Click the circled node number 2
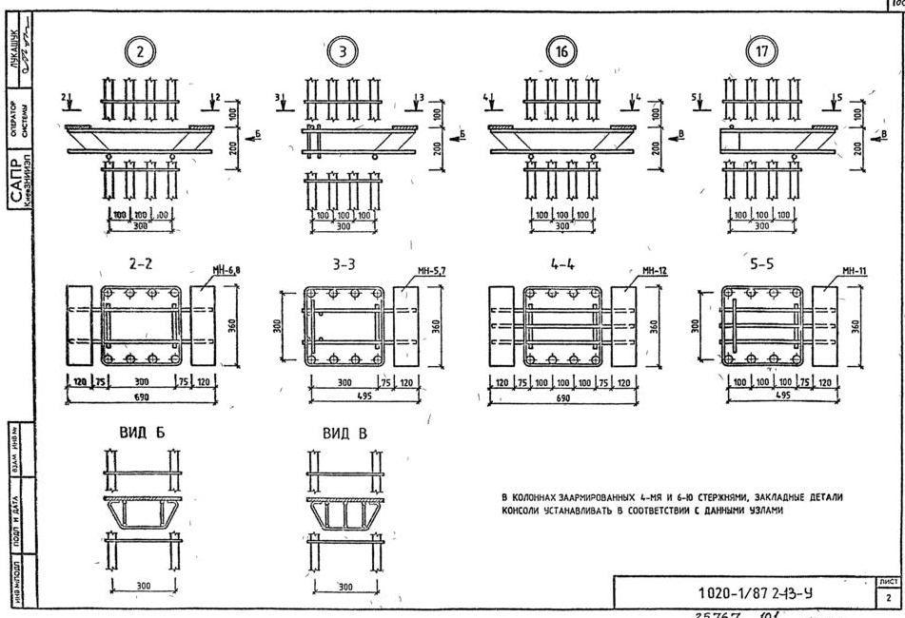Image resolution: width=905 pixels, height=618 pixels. coord(140,51)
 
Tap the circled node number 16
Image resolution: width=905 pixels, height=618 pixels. coord(561,51)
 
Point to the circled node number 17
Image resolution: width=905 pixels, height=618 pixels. coord(759,51)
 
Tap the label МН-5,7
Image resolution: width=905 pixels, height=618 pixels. coord(430,271)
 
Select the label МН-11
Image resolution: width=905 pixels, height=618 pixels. coord(854,271)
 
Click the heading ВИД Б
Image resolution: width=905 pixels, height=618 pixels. coord(141,434)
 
